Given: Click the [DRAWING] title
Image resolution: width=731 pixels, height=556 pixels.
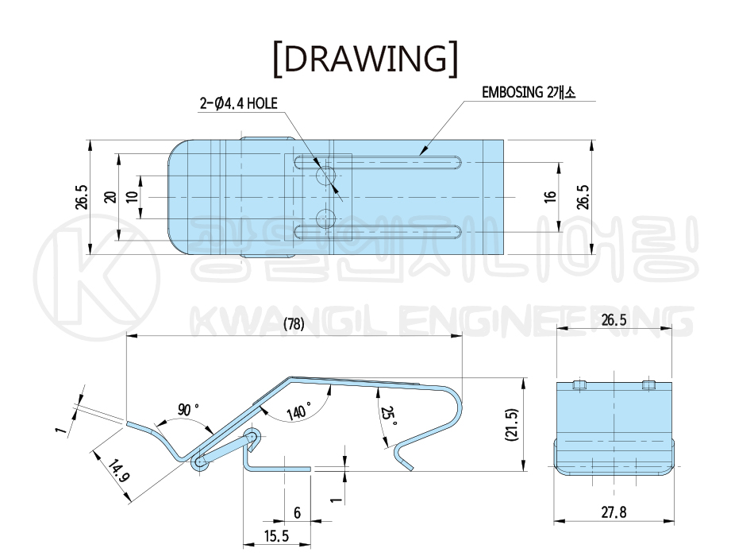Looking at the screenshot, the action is (366, 59).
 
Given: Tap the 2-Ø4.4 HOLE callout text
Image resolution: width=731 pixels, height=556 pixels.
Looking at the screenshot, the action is (239, 103).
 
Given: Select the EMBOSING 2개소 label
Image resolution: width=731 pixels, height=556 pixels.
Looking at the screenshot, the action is (529, 92).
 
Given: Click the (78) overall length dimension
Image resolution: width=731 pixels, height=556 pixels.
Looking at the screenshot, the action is (294, 324).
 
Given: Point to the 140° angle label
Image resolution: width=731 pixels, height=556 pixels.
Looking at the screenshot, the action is (299, 411).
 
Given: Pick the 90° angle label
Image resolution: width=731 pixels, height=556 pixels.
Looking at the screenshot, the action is (187, 410).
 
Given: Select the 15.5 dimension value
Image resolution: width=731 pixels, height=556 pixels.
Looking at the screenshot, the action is (277, 536).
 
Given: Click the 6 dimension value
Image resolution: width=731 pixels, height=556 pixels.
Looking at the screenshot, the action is (297, 513).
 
